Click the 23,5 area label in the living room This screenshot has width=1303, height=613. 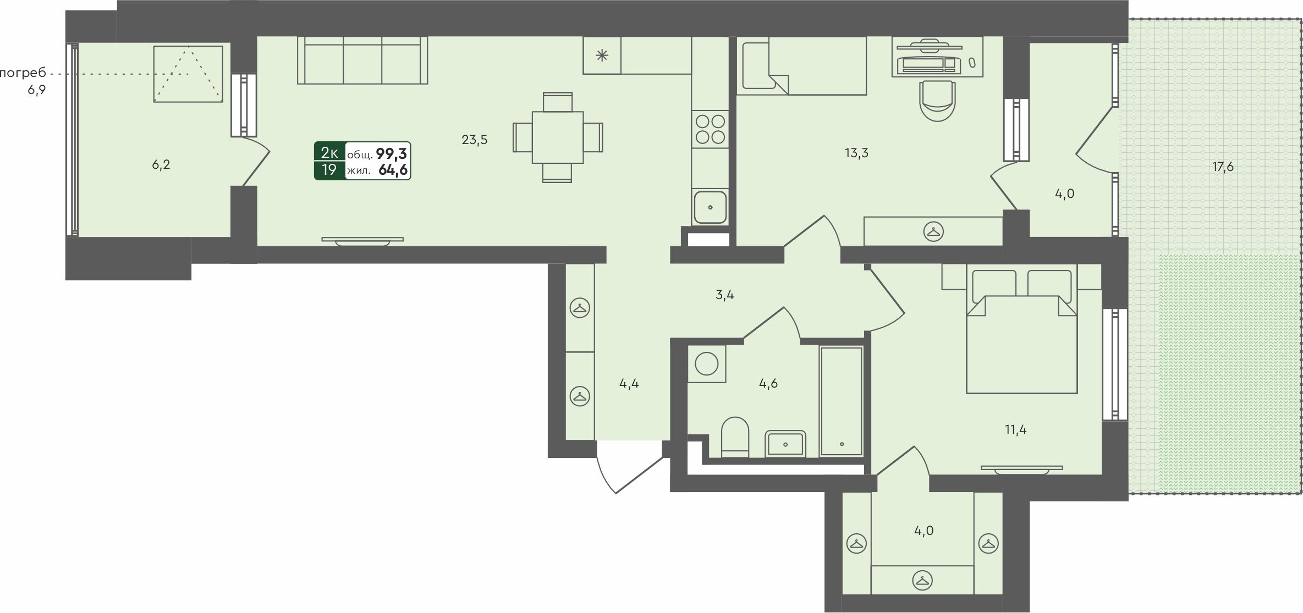[474, 140]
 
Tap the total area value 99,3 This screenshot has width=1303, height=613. [392, 153]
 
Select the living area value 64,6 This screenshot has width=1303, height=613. [393, 170]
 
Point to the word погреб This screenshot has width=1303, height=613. [23, 73]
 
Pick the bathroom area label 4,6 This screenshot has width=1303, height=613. [768, 384]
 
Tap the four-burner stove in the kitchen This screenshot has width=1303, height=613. [710, 128]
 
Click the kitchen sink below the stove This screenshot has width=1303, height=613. [710, 207]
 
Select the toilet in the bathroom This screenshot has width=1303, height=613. [735, 437]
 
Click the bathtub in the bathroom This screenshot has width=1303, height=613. [841, 401]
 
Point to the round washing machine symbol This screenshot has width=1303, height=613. [706, 363]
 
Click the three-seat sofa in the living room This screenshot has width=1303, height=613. [362, 60]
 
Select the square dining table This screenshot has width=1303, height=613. [558, 137]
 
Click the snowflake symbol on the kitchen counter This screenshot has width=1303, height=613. [602, 55]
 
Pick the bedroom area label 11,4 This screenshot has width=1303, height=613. [1015, 430]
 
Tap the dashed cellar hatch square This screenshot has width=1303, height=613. [188, 74]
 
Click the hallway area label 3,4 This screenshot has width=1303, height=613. [725, 295]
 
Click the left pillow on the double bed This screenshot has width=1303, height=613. [994, 286]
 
